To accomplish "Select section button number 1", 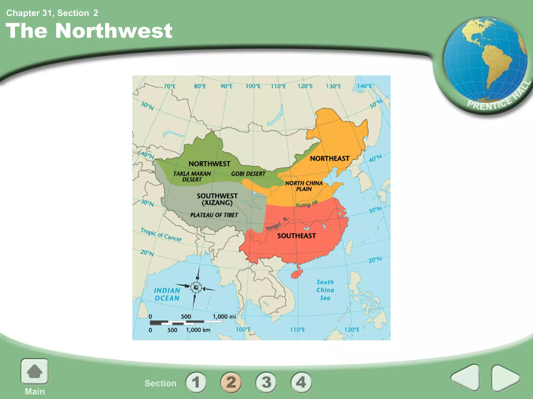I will click(196, 382).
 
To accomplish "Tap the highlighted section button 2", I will click(231, 382).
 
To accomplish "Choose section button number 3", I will click(266, 382).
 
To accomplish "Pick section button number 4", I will click(301, 382).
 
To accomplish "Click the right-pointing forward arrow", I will click(505, 378).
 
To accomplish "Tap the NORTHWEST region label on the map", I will click(210, 164).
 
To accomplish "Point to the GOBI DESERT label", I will click(248, 174).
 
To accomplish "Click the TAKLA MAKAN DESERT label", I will click(192, 177).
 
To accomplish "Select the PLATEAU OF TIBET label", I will click(214, 215).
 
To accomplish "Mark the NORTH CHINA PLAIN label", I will click(304, 186).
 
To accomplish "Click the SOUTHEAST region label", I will click(296, 236).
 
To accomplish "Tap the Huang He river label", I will click(307, 204).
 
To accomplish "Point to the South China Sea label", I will click(325, 290).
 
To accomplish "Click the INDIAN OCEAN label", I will click(167, 294).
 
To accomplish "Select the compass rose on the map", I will click(196, 287).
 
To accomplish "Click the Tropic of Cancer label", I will click(161, 235).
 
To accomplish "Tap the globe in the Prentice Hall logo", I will click(485, 60).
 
